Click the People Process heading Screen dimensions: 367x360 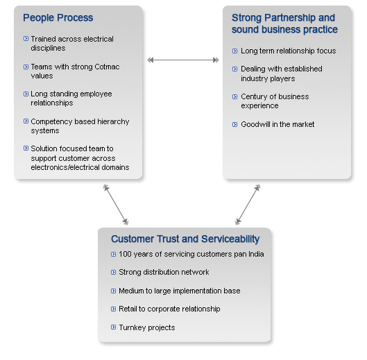point(58,18)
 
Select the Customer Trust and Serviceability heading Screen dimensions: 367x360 point(185,239)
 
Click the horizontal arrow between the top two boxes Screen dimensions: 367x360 point(183,60)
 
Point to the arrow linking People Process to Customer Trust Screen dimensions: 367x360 point(116,205)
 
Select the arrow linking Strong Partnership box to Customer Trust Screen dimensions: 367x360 point(248,205)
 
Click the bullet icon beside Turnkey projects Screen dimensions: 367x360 point(113,327)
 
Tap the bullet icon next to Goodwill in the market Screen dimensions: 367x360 point(234,124)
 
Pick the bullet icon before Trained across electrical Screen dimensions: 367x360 point(26,39)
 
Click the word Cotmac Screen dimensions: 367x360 point(107,67)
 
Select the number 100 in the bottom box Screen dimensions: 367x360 point(125,254)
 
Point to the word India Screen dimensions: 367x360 point(256,254)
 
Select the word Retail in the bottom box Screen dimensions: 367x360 point(128,309)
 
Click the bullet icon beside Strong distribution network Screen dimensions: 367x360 point(113,272)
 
